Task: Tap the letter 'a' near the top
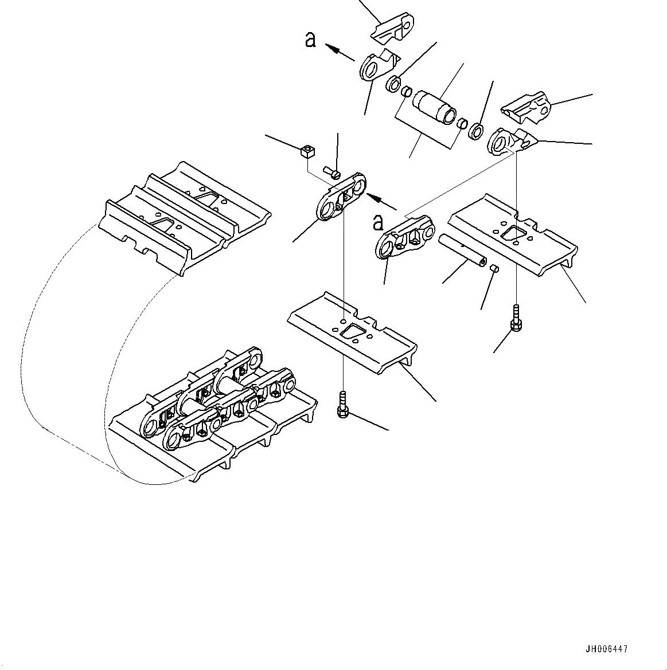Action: pos(310,40)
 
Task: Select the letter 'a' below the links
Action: pos(378,222)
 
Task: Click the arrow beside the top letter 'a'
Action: pos(339,52)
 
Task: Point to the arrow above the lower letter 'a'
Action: pos(381,201)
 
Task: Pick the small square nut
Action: pos(308,152)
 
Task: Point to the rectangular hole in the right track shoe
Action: pos(513,232)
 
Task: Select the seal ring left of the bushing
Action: pos(393,83)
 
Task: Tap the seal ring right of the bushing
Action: pos(475,132)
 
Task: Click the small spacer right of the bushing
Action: pos(462,123)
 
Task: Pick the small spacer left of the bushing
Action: pos(406,92)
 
